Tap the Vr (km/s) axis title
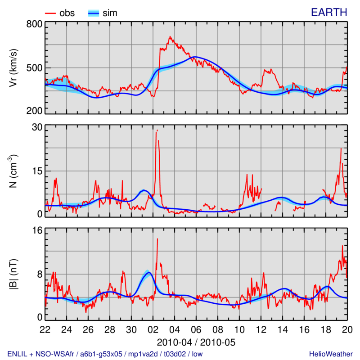[x=13, y=67]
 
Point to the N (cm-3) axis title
[x=13, y=171]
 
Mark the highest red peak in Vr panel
[x=170, y=37]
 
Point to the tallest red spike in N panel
[x=157, y=130]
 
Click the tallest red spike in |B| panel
[x=157, y=239]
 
